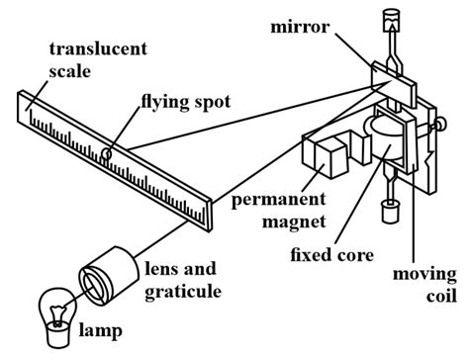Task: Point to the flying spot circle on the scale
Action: point(118,153)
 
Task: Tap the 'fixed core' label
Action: point(332,255)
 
